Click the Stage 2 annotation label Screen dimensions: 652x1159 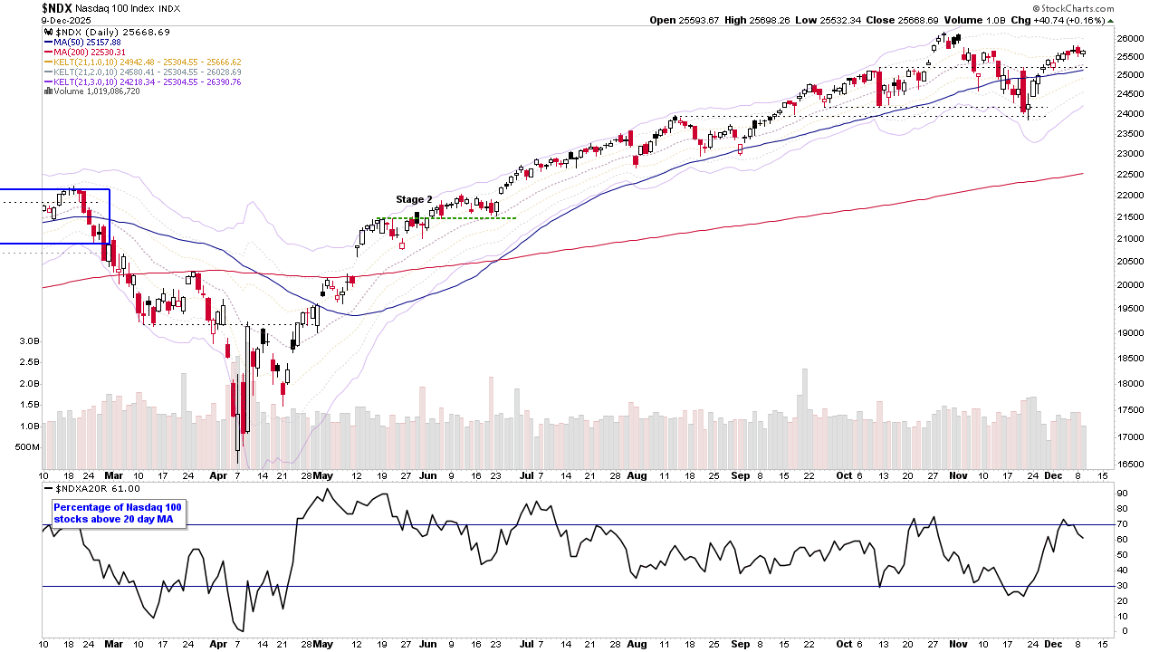(x=414, y=199)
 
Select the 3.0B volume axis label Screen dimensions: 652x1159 (x=28, y=341)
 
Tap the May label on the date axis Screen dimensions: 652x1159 (x=322, y=475)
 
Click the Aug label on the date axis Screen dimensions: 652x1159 (x=637, y=475)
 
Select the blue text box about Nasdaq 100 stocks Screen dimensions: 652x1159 (x=118, y=513)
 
